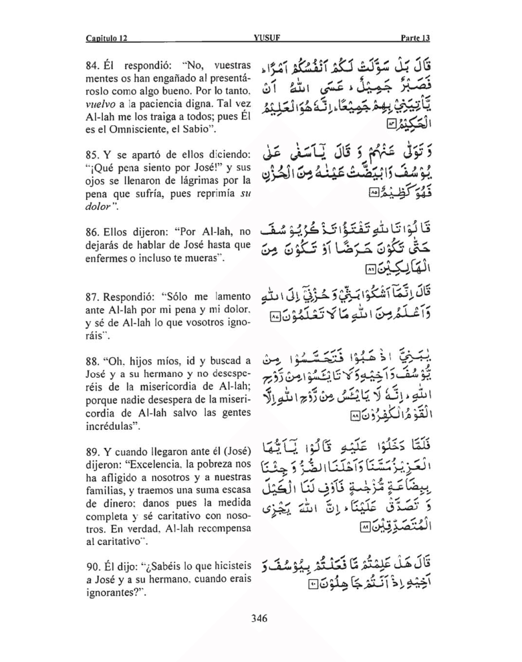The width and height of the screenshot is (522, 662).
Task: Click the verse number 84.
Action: click(x=93, y=67)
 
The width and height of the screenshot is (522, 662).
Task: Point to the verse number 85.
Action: click(x=93, y=155)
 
